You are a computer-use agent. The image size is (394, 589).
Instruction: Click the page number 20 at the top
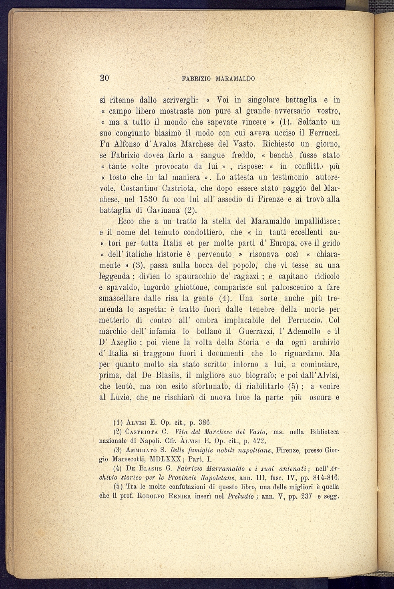click(x=104, y=78)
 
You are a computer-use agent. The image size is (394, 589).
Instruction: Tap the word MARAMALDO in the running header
click(x=235, y=79)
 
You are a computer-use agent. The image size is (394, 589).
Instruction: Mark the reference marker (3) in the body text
click(x=139, y=265)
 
